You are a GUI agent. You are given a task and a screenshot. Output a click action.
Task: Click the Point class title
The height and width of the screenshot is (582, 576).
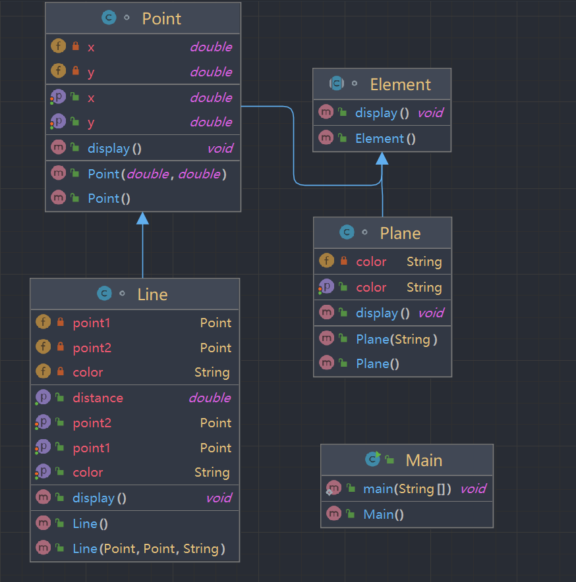(x=161, y=18)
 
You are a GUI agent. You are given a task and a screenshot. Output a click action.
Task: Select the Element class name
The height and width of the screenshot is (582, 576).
(x=400, y=84)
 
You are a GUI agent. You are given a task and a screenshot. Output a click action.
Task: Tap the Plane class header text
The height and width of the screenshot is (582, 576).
(x=400, y=233)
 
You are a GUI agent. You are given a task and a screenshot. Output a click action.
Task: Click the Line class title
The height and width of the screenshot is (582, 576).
(x=152, y=294)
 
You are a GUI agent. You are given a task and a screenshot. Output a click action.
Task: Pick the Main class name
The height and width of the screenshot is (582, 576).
(x=424, y=460)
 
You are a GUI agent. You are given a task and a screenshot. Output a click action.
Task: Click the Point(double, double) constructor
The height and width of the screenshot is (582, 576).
(x=157, y=174)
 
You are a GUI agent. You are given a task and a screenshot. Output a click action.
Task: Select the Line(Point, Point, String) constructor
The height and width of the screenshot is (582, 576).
(x=149, y=548)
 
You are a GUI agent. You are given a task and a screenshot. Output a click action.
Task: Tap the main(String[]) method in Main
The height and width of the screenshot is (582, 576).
(x=407, y=489)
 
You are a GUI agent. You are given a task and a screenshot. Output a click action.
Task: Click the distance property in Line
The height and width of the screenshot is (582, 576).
(x=98, y=398)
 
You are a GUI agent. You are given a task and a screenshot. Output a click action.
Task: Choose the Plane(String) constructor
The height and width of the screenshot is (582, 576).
(x=397, y=339)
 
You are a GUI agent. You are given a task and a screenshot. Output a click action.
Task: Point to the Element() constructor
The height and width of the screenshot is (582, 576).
(x=385, y=138)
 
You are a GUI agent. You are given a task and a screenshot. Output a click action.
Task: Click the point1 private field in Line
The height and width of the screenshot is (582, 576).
(x=92, y=323)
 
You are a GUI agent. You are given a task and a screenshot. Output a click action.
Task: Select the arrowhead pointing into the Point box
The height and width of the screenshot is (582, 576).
(x=142, y=219)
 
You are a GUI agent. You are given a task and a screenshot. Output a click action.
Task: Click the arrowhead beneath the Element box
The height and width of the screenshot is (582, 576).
(x=382, y=158)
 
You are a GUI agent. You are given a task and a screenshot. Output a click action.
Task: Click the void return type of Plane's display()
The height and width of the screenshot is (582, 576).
(x=430, y=313)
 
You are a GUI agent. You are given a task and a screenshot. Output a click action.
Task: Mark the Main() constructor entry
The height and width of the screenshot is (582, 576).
(x=383, y=514)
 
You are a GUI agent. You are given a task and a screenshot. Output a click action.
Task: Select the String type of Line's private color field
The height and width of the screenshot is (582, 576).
(x=212, y=372)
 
